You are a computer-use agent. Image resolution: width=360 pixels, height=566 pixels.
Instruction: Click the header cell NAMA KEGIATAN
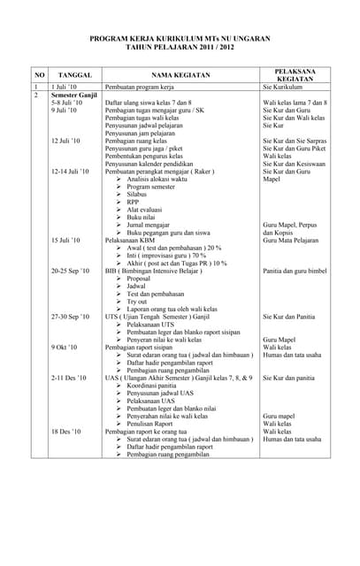pos(180,76)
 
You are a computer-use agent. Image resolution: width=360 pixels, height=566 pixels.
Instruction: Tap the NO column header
pos(40,76)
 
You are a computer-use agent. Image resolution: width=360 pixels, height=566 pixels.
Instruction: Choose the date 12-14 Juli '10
pos(70,171)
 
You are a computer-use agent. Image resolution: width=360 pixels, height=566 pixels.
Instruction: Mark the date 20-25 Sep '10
pos(70,271)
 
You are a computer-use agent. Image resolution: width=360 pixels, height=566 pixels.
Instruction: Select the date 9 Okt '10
pos(65,348)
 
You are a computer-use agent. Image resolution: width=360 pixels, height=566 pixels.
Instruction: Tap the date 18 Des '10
pos(66,432)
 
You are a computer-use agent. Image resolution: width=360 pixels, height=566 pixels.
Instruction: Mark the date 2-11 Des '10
pos(69,378)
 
